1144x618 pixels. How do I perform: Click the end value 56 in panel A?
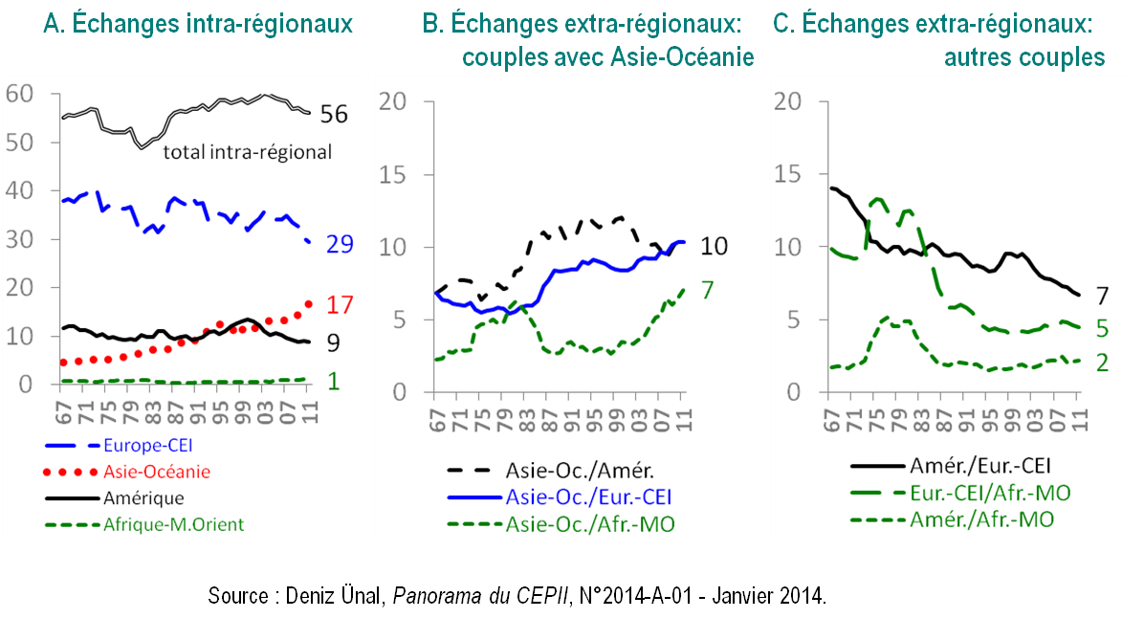[333, 115]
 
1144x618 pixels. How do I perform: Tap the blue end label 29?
[339, 245]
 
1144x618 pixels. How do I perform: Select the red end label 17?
[340, 306]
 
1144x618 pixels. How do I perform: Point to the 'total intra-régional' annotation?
[248, 151]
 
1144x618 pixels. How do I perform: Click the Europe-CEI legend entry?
[149, 445]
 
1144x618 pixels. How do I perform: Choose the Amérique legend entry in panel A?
[143, 497]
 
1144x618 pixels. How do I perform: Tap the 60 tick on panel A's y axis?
[20, 94]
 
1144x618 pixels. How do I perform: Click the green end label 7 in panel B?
[708, 289]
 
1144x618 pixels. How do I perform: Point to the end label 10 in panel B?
[714, 247]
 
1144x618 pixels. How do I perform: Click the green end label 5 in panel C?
[1101, 329]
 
